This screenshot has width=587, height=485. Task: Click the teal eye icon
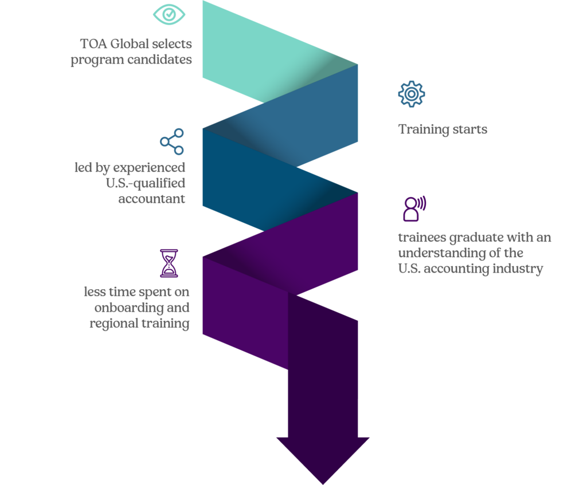pos(169,14)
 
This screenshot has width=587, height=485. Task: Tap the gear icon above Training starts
pos(412,94)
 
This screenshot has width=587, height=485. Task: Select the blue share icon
pos(172,142)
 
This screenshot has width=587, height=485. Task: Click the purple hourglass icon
pos(169,263)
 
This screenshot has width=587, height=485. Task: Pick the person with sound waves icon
pos(414,208)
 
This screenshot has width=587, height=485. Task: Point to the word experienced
pos(149,168)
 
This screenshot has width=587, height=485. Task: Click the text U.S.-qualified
pos(145,183)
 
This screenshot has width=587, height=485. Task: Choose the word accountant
pos(151,199)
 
